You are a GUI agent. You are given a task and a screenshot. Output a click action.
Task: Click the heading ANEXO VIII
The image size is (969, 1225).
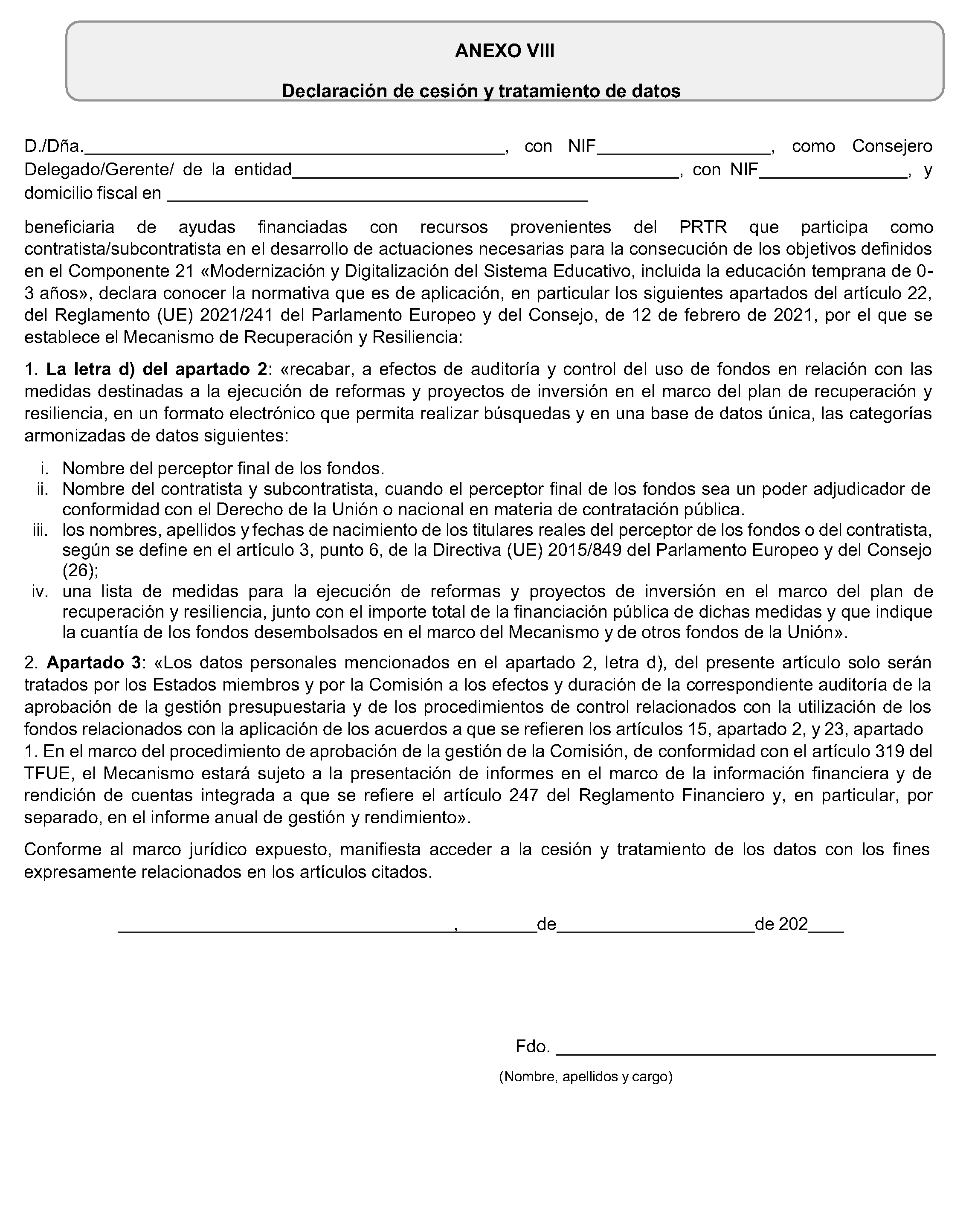pyautogui.click(x=505, y=51)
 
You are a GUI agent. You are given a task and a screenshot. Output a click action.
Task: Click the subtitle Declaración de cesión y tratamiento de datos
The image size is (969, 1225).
pyautogui.click(x=481, y=91)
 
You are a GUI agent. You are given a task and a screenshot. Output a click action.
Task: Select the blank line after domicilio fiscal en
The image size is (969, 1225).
pyautogui.click(x=377, y=198)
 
